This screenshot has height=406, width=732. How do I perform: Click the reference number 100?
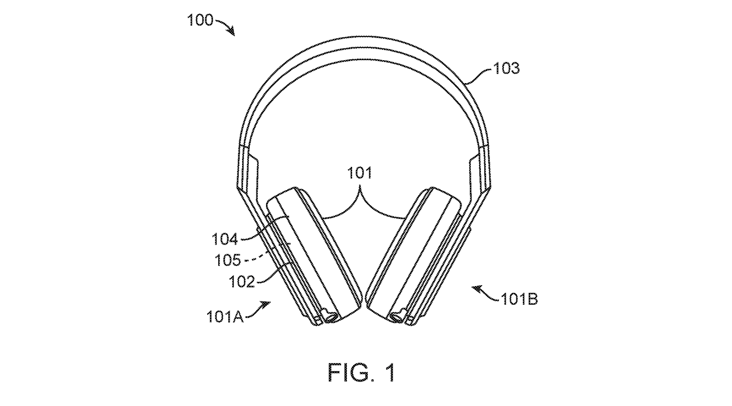pyautogui.click(x=200, y=21)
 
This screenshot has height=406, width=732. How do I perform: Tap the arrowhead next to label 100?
pyautogui.click(x=232, y=32)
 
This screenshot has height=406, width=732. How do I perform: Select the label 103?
pyautogui.click(x=506, y=69)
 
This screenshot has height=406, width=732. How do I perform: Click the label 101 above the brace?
pyautogui.click(x=359, y=172)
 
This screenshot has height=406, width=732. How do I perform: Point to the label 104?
pyautogui.click(x=224, y=238)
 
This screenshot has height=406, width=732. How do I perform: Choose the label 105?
pyautogui.click(x=228, y=260)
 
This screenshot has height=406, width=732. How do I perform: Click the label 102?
pyautogui.click(x=242, y=282)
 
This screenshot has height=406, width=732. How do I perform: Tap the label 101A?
pyautogui.click(x=225, y=316)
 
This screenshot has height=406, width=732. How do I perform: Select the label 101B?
pyautogui.click(x=520, y=299)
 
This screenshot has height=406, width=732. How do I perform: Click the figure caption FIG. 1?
pyautogui.click(x=362, y=372)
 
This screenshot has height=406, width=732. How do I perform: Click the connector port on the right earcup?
pyautogui.click(x=398, y=315)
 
